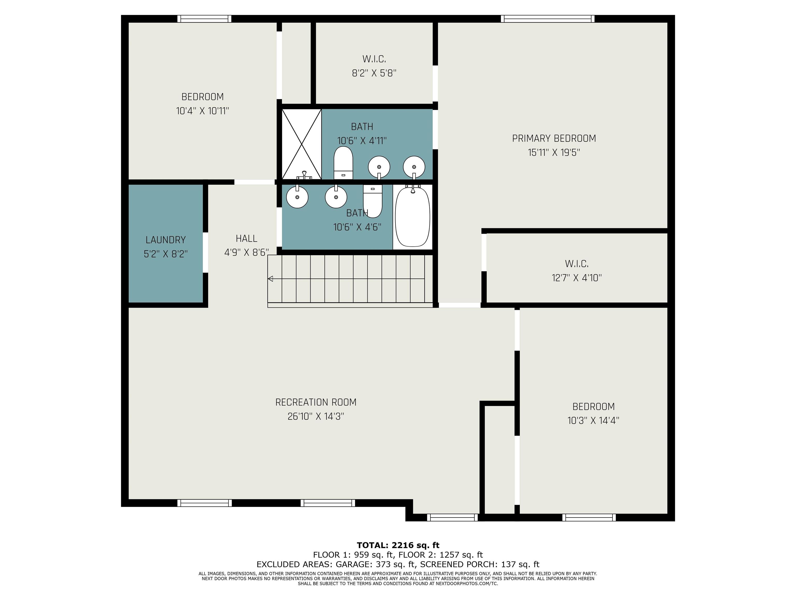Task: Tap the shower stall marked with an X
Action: (302, 144)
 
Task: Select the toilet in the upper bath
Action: (343, 163)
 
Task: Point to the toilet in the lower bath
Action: (372, 201)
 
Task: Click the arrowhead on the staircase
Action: (270, 279)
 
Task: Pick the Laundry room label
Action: (166, 240)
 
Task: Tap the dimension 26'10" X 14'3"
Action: (316, 416)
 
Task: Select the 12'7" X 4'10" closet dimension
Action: (577, 278)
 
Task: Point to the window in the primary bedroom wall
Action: (547, 19)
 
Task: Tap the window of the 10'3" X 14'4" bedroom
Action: (589, 517)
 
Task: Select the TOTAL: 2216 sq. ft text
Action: (398, 545)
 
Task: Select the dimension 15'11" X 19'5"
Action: (554, 153)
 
